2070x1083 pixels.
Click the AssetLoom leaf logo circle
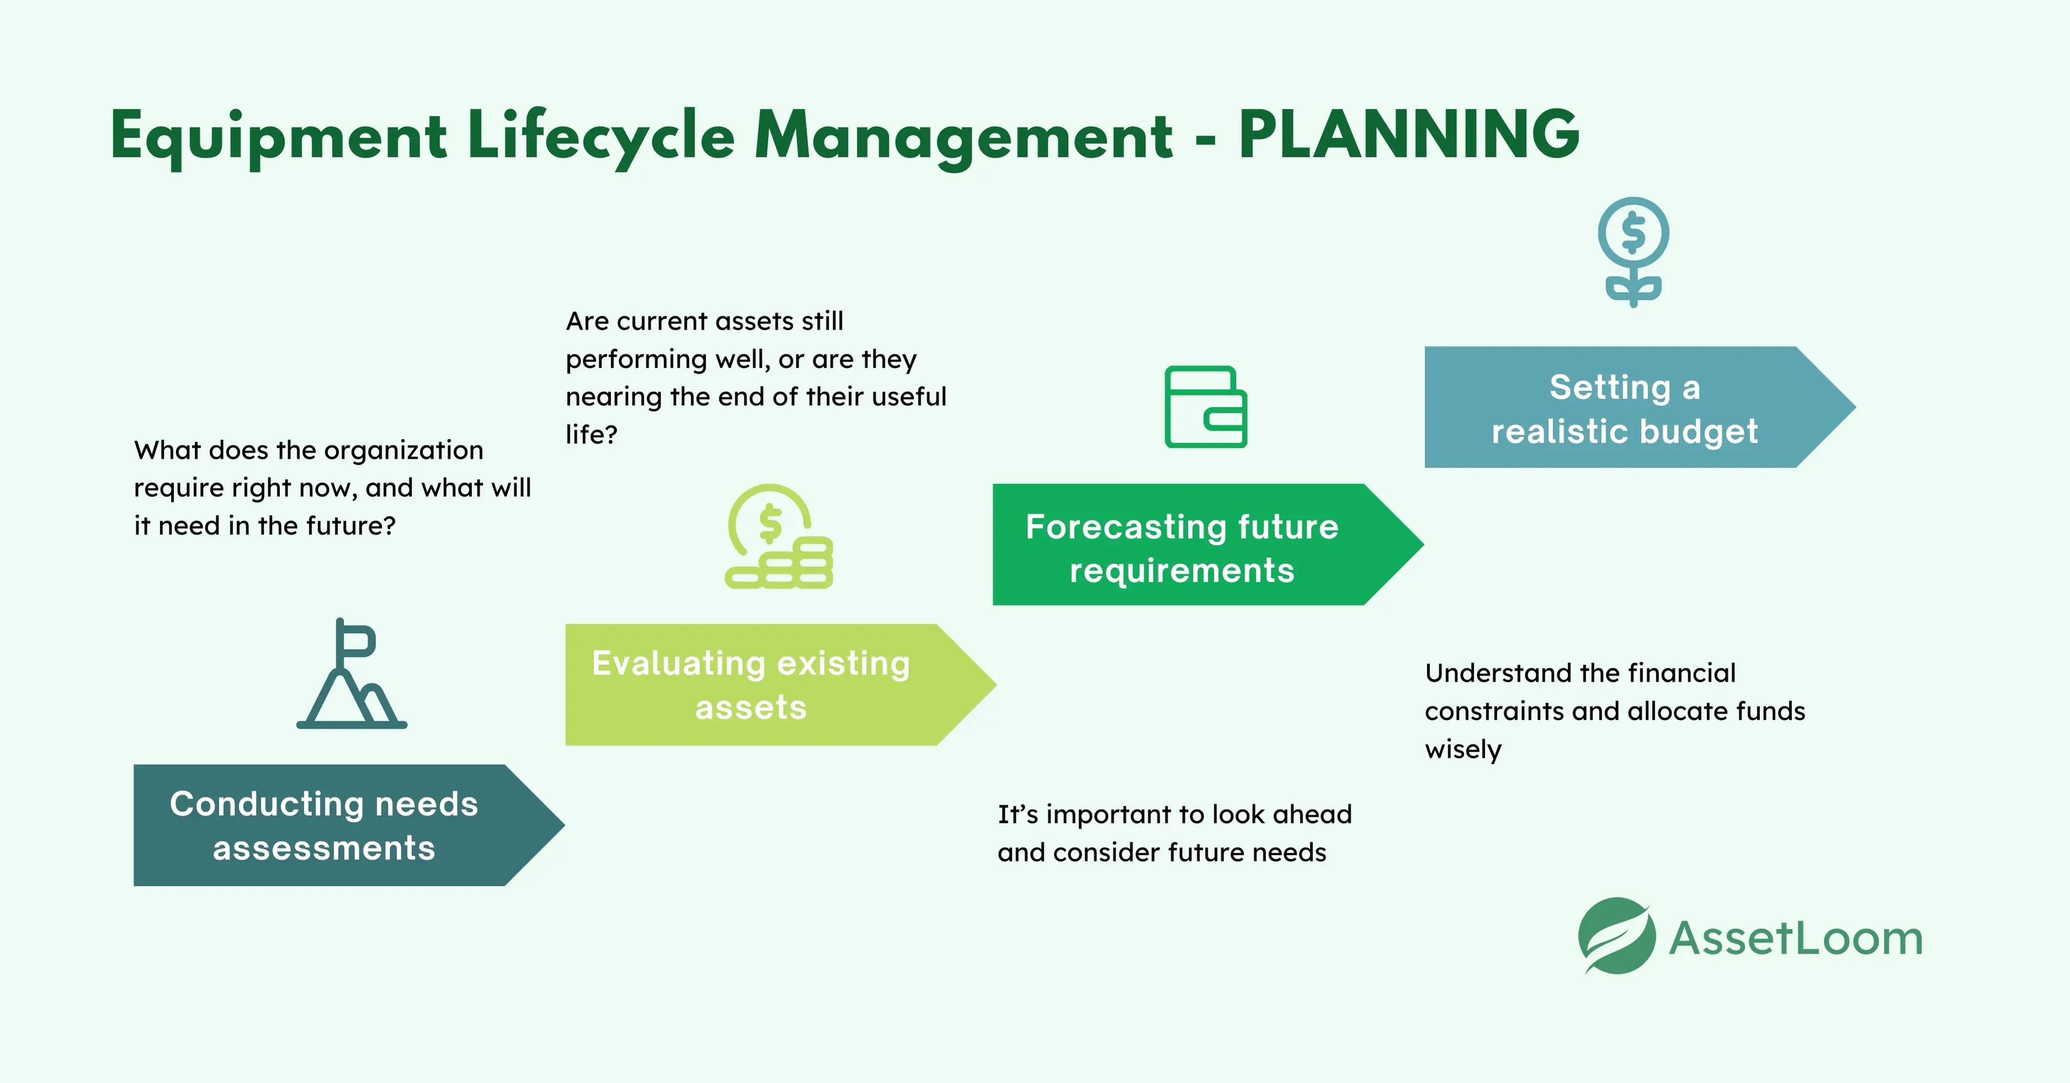1616,936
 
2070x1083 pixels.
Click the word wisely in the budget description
1462,750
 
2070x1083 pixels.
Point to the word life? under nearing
591,434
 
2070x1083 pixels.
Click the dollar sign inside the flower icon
1633,232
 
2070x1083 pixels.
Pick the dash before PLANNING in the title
1204,141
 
